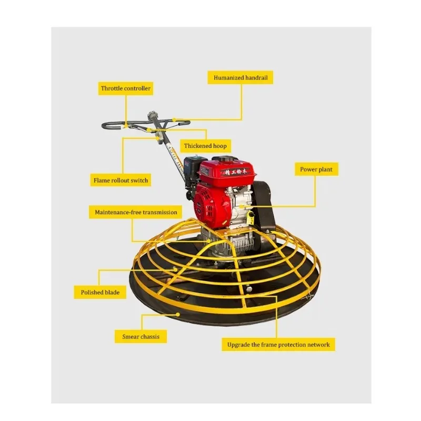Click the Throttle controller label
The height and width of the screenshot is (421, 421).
point(126,88)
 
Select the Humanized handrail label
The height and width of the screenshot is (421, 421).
point(240,78)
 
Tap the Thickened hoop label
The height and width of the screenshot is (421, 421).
point(205,146)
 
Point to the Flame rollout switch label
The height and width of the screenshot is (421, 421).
point(121,181)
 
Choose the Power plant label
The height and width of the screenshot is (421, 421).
point(316,169)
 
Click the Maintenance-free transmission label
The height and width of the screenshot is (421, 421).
point(136,213)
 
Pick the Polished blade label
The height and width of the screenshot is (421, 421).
point(100,292)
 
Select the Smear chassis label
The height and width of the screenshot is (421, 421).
point(141,336)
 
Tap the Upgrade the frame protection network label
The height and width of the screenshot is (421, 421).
point(278,345)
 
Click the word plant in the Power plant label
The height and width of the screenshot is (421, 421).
point(325,169)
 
